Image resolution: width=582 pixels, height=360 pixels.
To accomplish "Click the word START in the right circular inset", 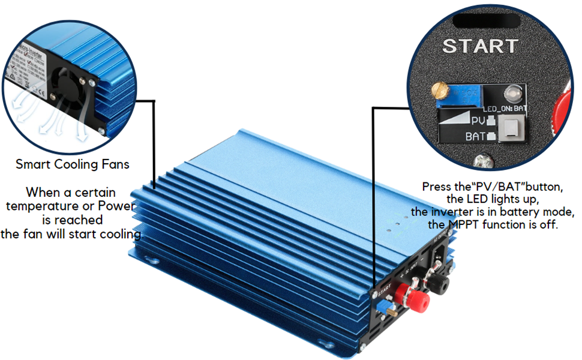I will (479, 46).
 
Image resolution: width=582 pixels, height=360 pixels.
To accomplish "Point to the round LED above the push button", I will (513, 94).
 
